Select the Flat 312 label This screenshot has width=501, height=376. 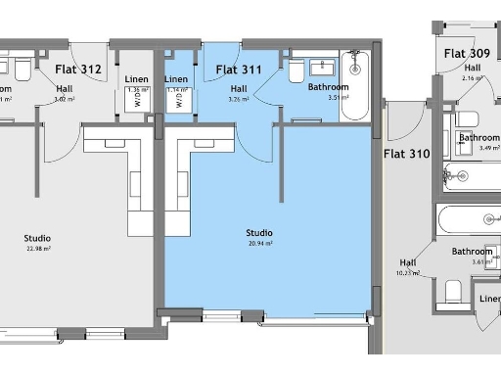78,70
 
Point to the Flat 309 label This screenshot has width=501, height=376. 467,53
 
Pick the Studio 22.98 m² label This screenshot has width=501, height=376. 37,242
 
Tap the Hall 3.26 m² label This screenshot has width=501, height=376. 239,92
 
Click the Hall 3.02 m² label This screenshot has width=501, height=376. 65,92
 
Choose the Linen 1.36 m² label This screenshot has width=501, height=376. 137,83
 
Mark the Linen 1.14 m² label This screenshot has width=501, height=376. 176,83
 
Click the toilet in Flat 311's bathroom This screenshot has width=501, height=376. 296,71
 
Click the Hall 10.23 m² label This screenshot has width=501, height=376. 408,266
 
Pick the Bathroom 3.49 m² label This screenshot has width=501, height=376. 480,142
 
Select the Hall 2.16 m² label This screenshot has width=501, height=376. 473,70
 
